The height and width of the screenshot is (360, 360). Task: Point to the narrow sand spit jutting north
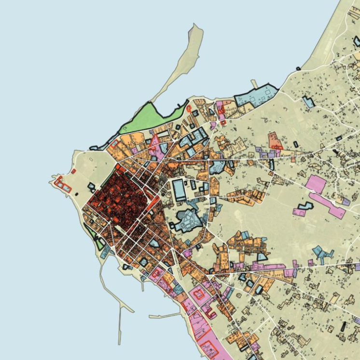pos(186,58)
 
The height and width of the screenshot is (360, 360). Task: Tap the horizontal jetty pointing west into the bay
pos(164,316)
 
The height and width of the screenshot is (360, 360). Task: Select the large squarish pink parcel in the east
pos(317,185)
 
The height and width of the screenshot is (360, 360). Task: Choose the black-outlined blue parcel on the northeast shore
pos(256,95)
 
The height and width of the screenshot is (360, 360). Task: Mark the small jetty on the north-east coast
pos(254,84)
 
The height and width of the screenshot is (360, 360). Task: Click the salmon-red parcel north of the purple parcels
pos(275,140)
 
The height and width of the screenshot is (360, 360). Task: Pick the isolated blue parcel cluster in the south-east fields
pos(323,253)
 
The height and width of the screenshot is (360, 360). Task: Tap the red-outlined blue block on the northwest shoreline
pos(114,143)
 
